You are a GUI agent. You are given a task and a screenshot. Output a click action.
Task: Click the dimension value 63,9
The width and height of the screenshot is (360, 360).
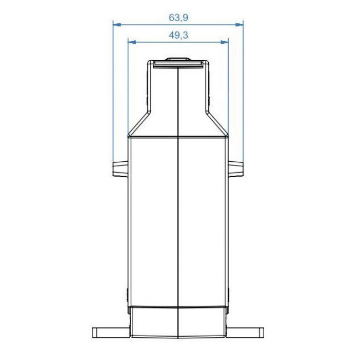[x=178, y=17]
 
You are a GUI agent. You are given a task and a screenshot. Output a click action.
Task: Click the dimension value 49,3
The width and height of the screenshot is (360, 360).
[x=178, y=34]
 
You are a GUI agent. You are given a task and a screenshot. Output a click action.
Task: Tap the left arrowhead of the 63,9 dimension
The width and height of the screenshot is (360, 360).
[x=116, y=24]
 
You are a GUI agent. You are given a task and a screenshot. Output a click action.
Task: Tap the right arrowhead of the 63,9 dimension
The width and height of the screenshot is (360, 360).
[x=240, y=24]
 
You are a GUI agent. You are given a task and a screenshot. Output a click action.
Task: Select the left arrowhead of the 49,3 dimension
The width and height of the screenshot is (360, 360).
[x=132, y=41]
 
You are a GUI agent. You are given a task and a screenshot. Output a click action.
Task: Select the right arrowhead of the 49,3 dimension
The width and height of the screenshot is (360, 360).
[x=225, y=41]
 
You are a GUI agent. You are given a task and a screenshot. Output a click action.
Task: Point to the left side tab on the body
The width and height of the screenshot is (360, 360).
[x=120, y=168]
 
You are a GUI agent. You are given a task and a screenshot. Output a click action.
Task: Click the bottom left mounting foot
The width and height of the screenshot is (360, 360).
[x=110, y=332]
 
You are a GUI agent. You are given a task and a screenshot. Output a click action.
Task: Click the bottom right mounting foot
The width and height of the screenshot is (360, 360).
[x=246, y=332]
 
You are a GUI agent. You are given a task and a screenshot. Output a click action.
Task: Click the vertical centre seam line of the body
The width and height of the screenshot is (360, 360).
[x=178, y=222]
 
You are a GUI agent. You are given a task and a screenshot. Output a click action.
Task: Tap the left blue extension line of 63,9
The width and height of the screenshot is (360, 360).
[x=113, y=94]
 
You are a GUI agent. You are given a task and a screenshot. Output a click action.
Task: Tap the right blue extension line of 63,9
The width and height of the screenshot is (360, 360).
[x=243, y=94]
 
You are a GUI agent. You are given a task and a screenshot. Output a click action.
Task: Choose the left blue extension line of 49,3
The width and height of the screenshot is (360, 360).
[x=128, y=83]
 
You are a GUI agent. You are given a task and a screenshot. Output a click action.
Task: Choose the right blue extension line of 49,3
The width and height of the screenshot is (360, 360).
[x=228, y=83]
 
